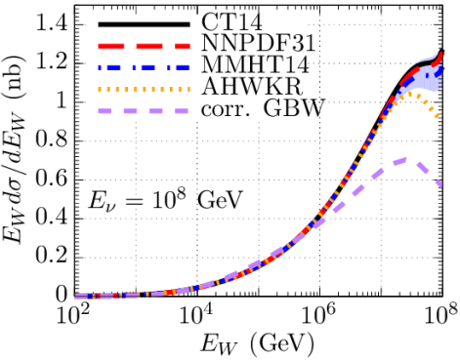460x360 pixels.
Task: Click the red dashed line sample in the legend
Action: click(145, 46)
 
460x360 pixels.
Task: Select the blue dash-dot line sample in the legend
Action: click(145, 67)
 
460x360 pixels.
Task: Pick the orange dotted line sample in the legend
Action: click(145, 90)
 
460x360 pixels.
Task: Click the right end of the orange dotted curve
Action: click(438, 116)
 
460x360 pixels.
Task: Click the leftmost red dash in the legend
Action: click(111, 46)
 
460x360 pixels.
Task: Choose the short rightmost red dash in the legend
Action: click(183, 46)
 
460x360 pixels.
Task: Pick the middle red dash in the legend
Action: click(149, 46)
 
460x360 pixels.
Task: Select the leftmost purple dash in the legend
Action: click(105, 111)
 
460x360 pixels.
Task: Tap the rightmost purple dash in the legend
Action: click(181, 111)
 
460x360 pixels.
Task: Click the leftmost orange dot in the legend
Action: click(100, 90)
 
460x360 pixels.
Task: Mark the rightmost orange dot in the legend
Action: click(188, 90)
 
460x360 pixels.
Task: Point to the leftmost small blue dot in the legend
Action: click(100, 67)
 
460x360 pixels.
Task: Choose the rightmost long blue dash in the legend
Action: click(183, 67)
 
